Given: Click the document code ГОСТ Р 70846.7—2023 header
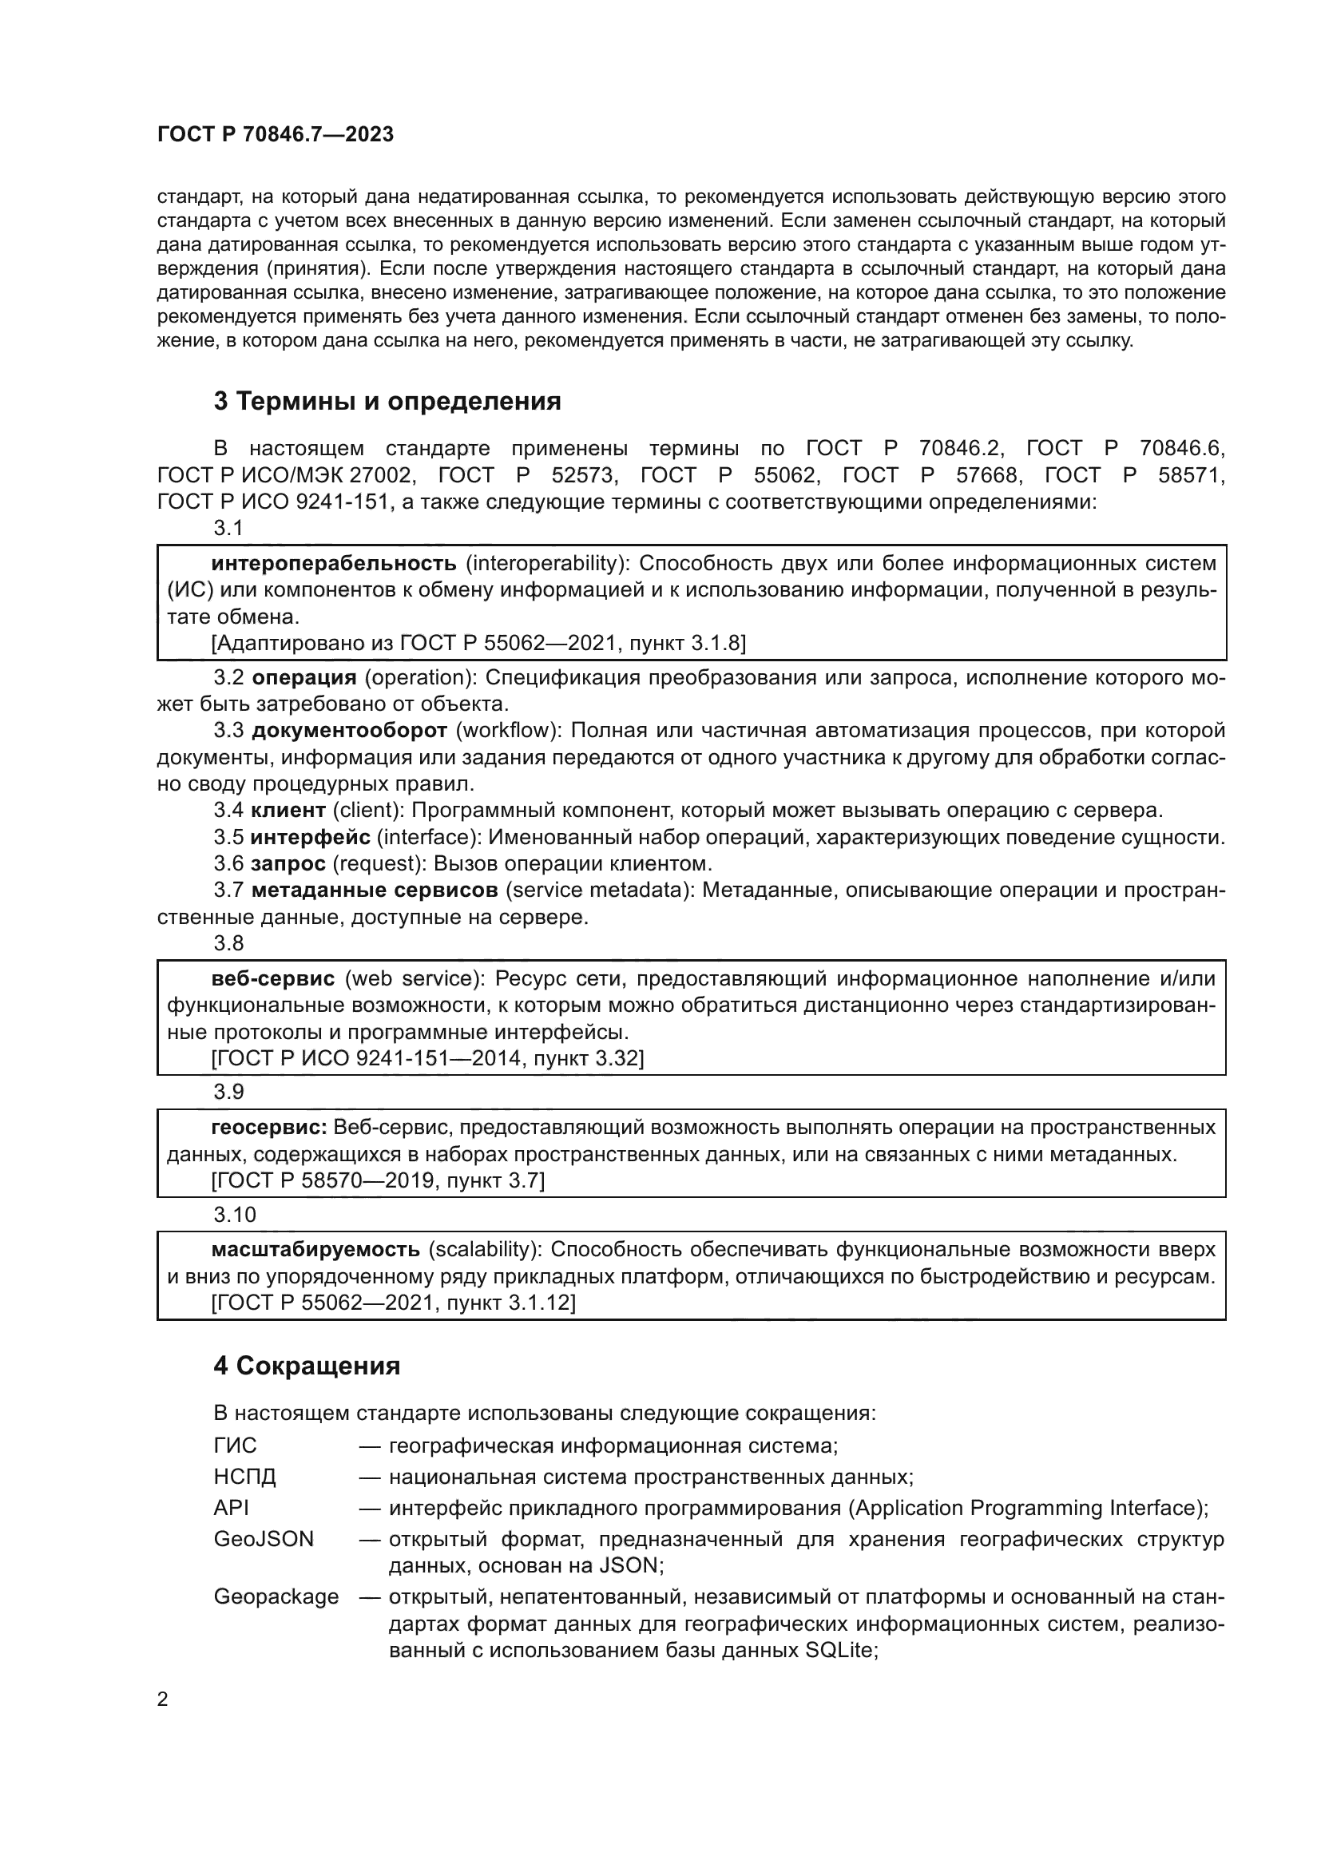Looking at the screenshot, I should click(275, 134).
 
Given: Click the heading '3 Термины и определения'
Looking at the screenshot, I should click(387, 401).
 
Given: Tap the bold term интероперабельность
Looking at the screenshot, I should click(334, 563).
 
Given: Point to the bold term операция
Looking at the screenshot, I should click(304, 678).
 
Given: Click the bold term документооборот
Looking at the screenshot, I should click(350, 731).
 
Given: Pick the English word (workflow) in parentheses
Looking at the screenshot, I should click(507, 731).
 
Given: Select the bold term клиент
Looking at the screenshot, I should click(288, 811).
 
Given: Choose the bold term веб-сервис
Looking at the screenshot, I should click(272, 978).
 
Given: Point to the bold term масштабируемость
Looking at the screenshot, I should click(315, 1249).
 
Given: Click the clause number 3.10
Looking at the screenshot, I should click(234, 1215).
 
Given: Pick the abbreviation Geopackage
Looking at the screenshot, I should click(276, 1596).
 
